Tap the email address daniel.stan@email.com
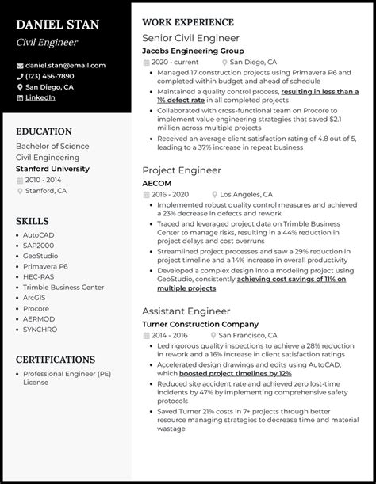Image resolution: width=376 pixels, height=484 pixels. point(64,65)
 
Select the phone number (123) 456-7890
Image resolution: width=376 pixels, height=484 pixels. point(50,76)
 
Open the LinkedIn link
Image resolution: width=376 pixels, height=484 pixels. point(40,97)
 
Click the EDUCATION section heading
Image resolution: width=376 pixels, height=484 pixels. point(44,131)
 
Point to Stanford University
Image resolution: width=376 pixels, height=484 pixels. point(52,169)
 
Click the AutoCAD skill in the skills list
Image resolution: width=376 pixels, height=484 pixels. point(40,235)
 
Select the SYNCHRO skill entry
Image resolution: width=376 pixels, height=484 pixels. point(40,329)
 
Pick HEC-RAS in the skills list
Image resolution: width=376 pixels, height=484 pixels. point(39,276)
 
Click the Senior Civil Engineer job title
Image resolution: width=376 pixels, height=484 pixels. point(190,37)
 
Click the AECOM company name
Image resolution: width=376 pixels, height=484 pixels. point(157,182)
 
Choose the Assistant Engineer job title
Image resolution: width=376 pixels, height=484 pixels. point(186,311)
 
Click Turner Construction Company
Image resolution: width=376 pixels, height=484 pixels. point(200,324)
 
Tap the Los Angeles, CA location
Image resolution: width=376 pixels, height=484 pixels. point(246,194)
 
